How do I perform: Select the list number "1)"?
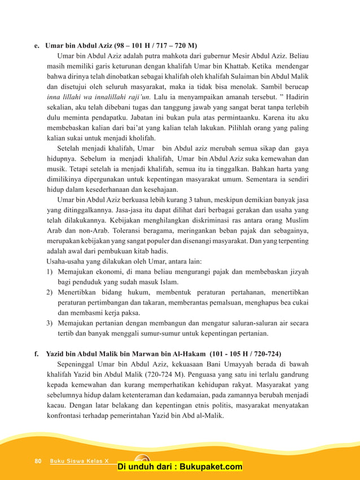50,271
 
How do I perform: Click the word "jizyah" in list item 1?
297,271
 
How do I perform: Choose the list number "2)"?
50,292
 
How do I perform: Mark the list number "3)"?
50,323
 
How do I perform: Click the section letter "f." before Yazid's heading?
37,354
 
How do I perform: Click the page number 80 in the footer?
38,461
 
